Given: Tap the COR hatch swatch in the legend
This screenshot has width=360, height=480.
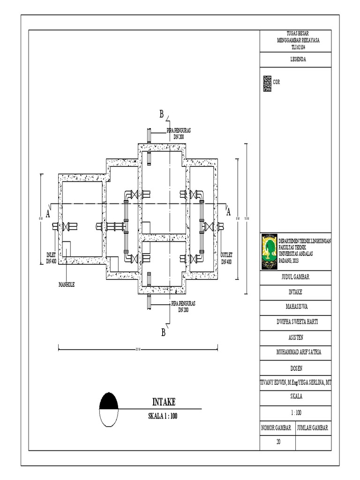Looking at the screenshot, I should pos(267,83).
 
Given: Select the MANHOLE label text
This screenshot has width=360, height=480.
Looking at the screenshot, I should pos(67,284).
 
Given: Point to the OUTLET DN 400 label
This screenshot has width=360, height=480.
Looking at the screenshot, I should pos(225,258).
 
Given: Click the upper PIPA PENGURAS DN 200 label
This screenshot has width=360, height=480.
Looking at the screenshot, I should pos(178,134).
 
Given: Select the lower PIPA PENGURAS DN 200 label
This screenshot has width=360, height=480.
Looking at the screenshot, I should pos(182,307).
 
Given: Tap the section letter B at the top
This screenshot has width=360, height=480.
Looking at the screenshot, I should pos(161,114).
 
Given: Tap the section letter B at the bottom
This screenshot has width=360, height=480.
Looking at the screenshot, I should pos(164,333).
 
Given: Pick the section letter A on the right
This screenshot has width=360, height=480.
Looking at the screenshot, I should pos(228,212).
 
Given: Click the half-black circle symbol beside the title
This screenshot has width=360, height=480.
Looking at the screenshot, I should pos(109,409).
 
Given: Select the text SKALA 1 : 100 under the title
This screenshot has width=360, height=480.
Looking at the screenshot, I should pos(163,416).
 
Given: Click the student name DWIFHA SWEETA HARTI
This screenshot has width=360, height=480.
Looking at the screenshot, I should pos(296,322).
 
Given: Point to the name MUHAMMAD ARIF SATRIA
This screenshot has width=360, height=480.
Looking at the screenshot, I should pos(296,352).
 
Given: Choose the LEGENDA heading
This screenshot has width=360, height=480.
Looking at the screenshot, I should pos(296,60).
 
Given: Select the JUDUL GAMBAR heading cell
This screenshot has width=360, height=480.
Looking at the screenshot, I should pos(296,277).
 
